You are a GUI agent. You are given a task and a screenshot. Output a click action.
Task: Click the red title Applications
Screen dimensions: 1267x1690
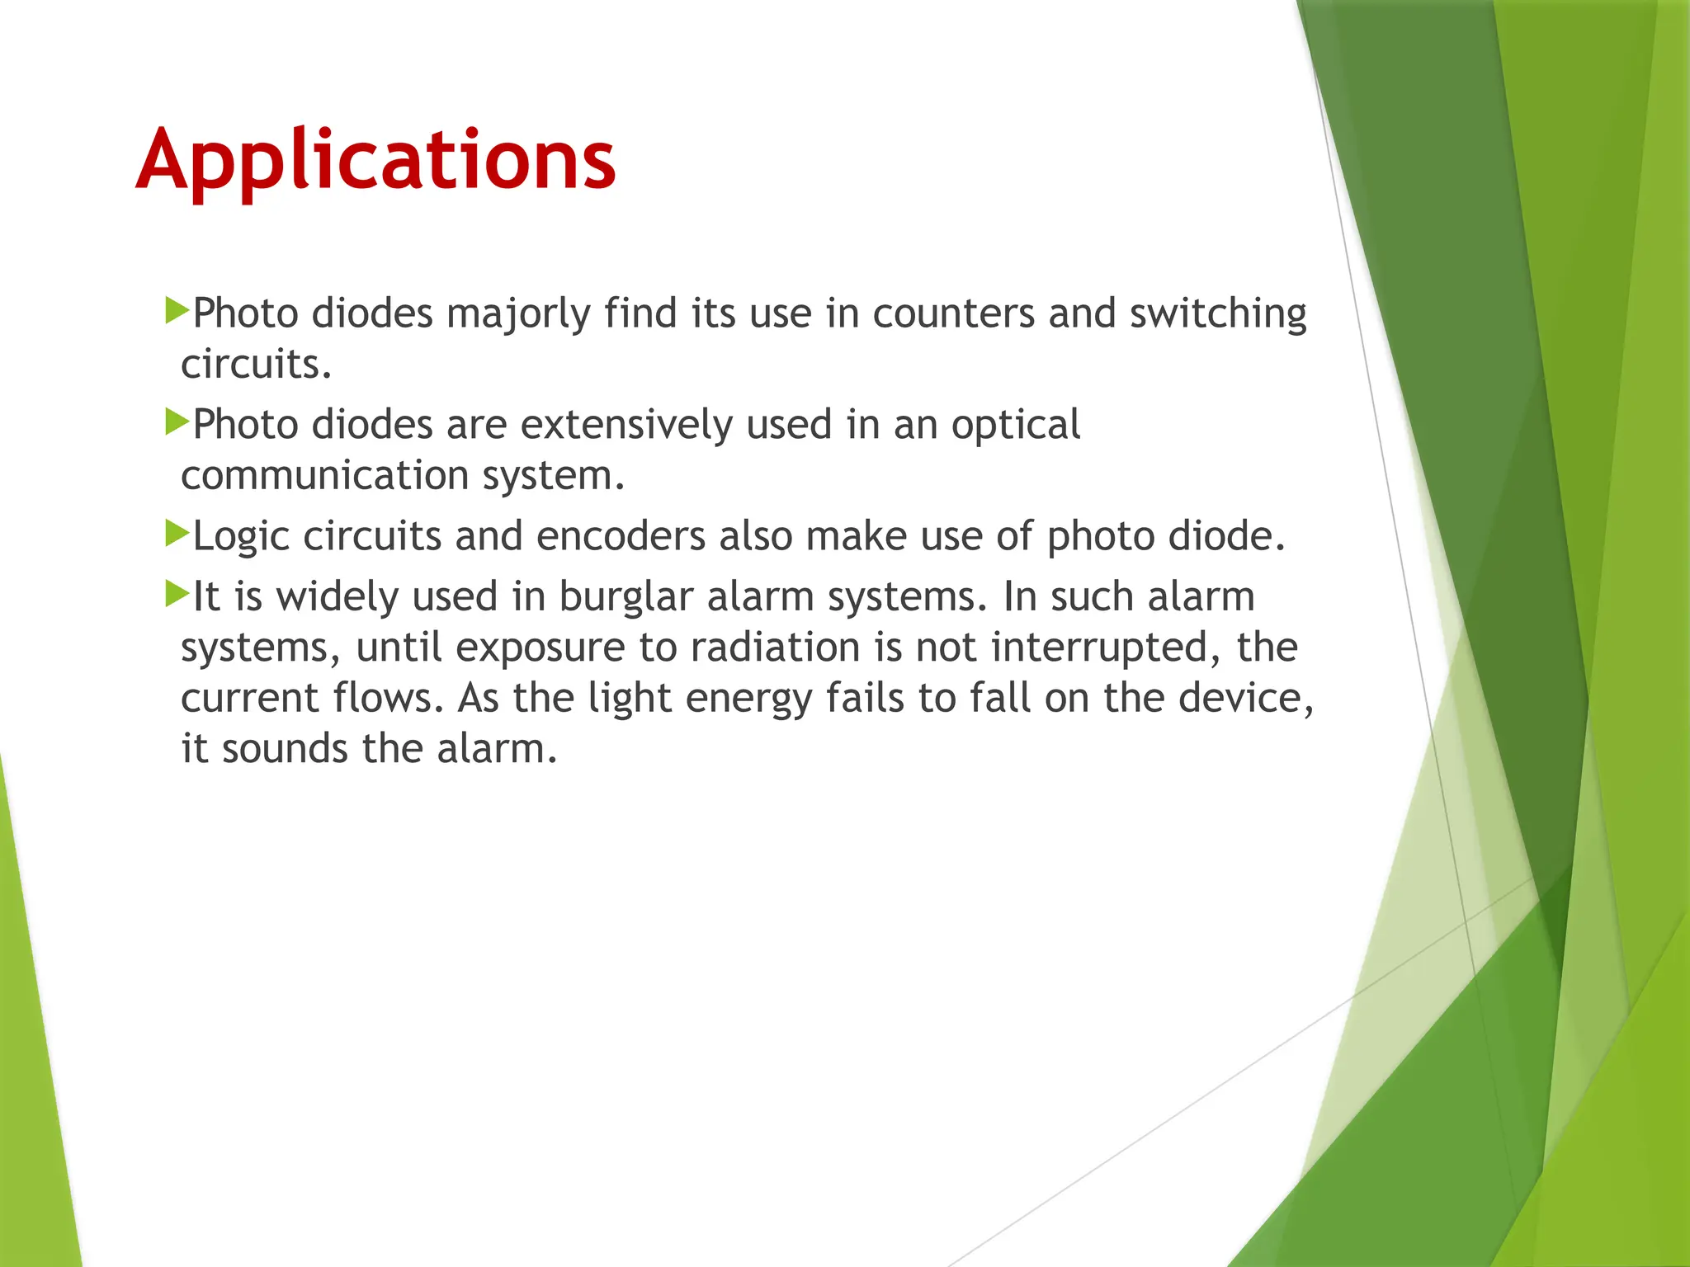tap(375, 161)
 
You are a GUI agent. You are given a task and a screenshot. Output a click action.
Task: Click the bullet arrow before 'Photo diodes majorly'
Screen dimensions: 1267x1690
tap(177, 311)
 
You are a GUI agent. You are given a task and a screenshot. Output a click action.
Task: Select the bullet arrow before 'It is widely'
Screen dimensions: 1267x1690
tap(177, 593)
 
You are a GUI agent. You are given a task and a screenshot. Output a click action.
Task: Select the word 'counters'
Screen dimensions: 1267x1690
tap(953, 313)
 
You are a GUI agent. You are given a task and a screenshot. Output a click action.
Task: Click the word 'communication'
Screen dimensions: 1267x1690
tap(325, 476)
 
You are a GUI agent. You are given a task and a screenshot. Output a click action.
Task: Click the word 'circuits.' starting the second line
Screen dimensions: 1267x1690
tap(256, 365)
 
